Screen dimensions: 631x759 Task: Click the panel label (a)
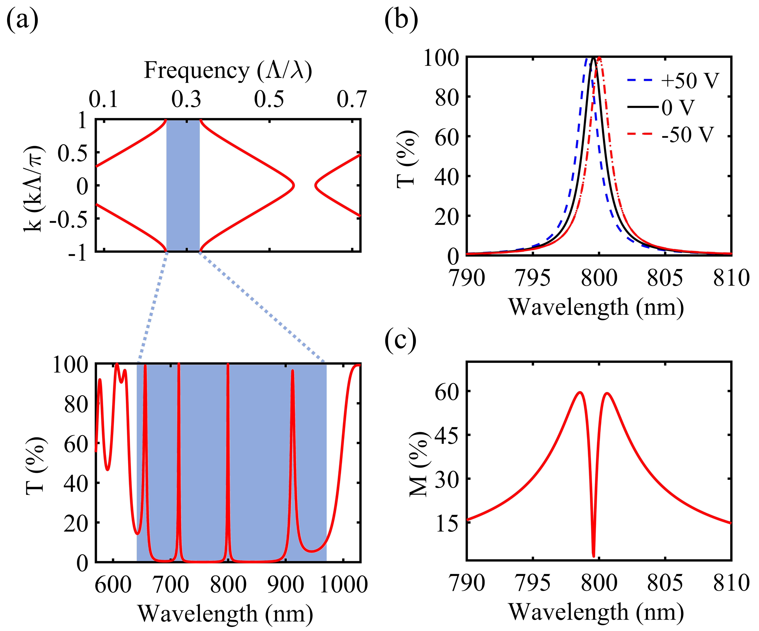coord(22,20)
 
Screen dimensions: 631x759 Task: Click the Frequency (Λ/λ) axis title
coord(228,71)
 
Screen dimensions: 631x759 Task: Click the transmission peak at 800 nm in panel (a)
coord(228,365)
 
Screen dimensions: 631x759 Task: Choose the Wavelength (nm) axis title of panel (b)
coord(596,307)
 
